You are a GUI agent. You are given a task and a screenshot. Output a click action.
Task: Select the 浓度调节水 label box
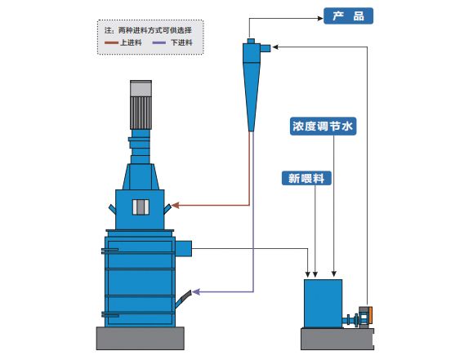pyautogui.click(x=324, y=127)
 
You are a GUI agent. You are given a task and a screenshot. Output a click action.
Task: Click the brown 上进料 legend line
pyautogui.click(x=112, y=42)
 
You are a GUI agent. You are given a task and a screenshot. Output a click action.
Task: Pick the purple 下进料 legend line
pyautogui.click(x=160, y=42)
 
